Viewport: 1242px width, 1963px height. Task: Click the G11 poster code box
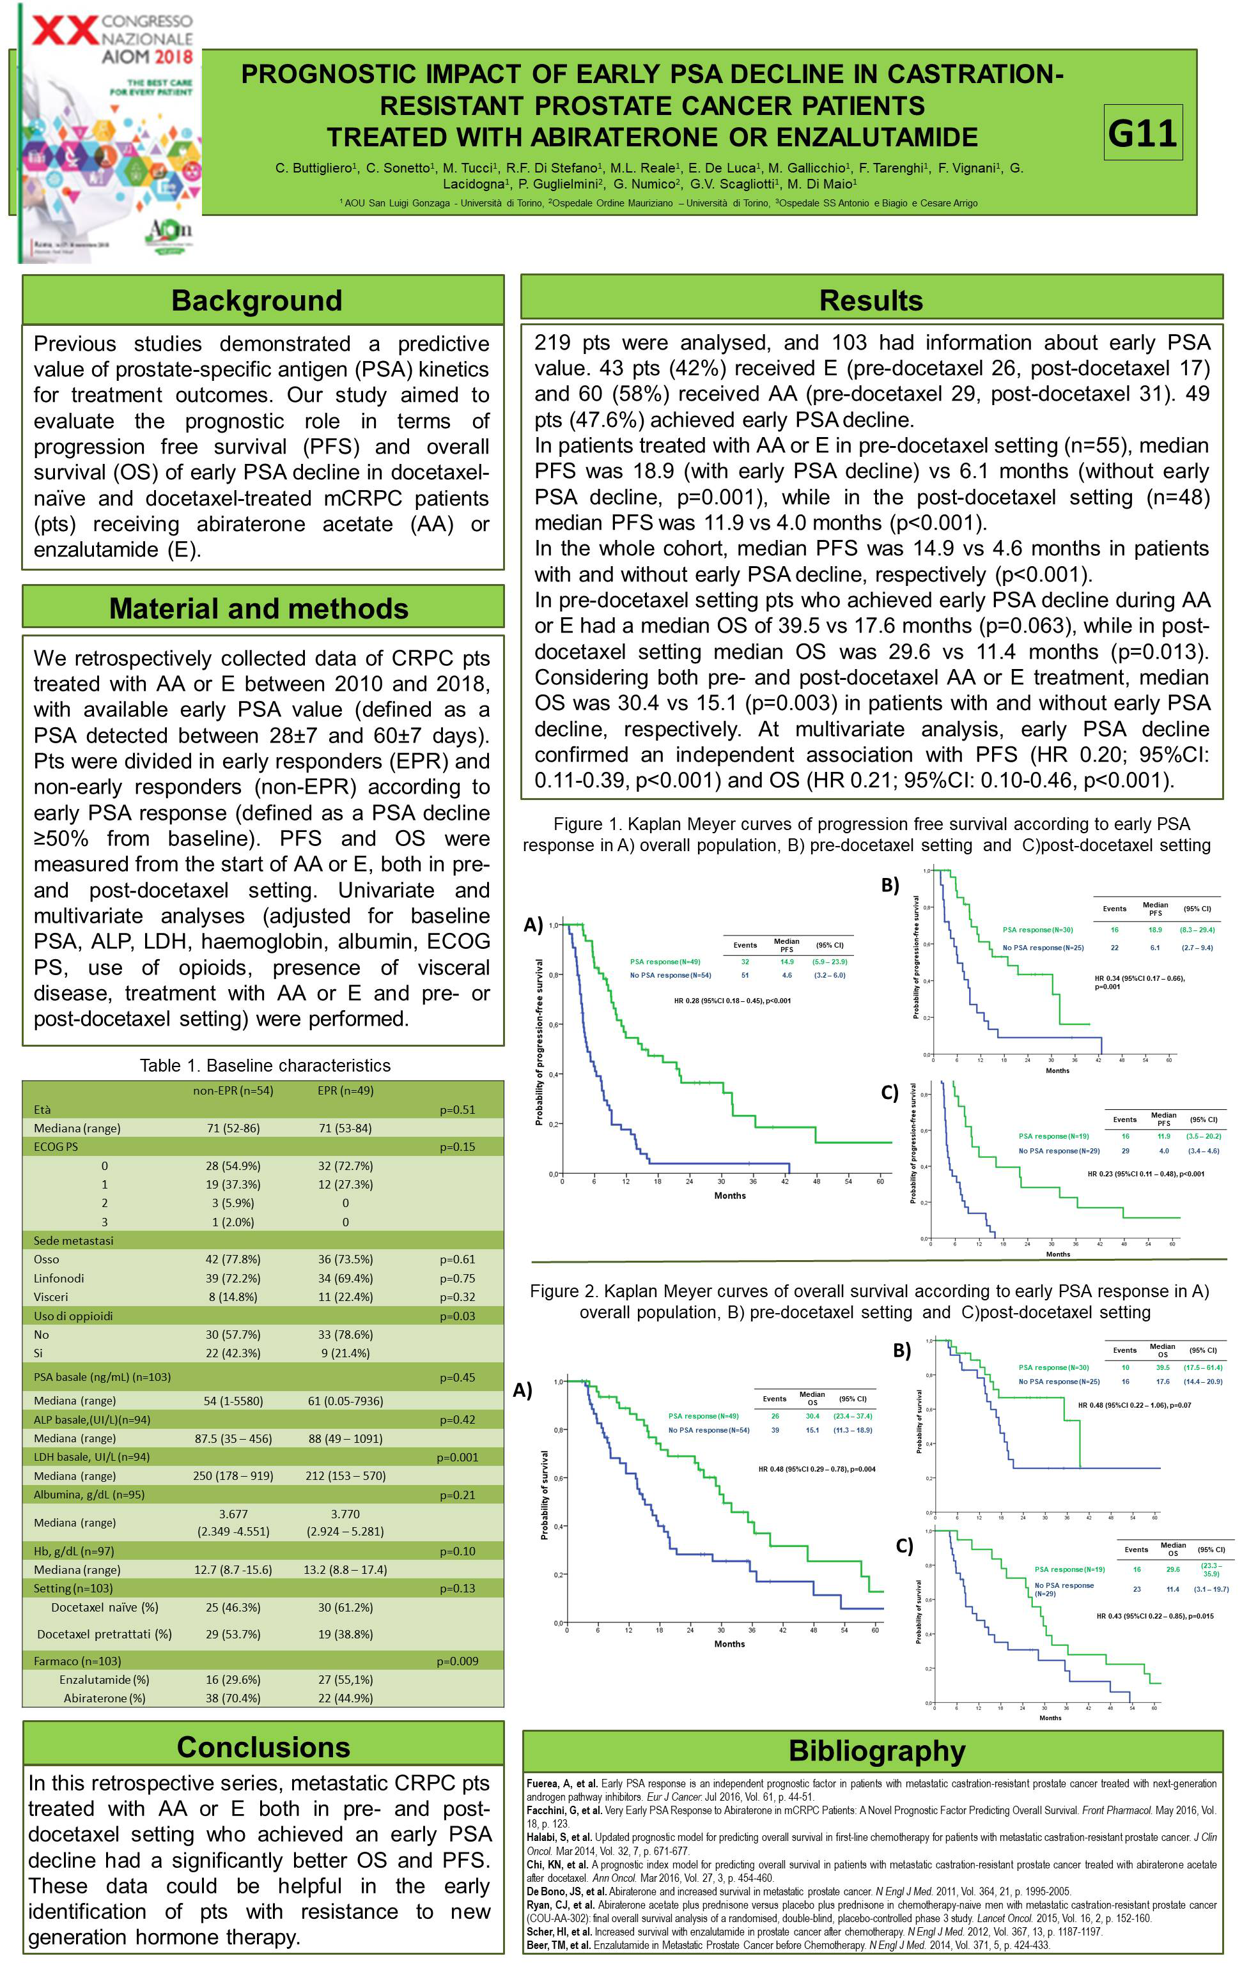1142,133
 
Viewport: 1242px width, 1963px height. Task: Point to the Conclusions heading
263,1747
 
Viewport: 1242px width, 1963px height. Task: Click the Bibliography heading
876,1750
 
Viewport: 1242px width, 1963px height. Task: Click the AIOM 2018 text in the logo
147,56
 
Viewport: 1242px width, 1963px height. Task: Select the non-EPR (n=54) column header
233,1090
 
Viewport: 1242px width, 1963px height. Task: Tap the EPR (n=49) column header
345,1090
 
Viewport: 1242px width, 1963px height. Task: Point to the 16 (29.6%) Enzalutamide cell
233,1679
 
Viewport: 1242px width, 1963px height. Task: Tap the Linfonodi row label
59,1278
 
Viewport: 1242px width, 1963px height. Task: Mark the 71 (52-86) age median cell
233,1128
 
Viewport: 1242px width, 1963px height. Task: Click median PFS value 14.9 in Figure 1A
786,962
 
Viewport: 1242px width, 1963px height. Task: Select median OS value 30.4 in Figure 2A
812,1416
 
